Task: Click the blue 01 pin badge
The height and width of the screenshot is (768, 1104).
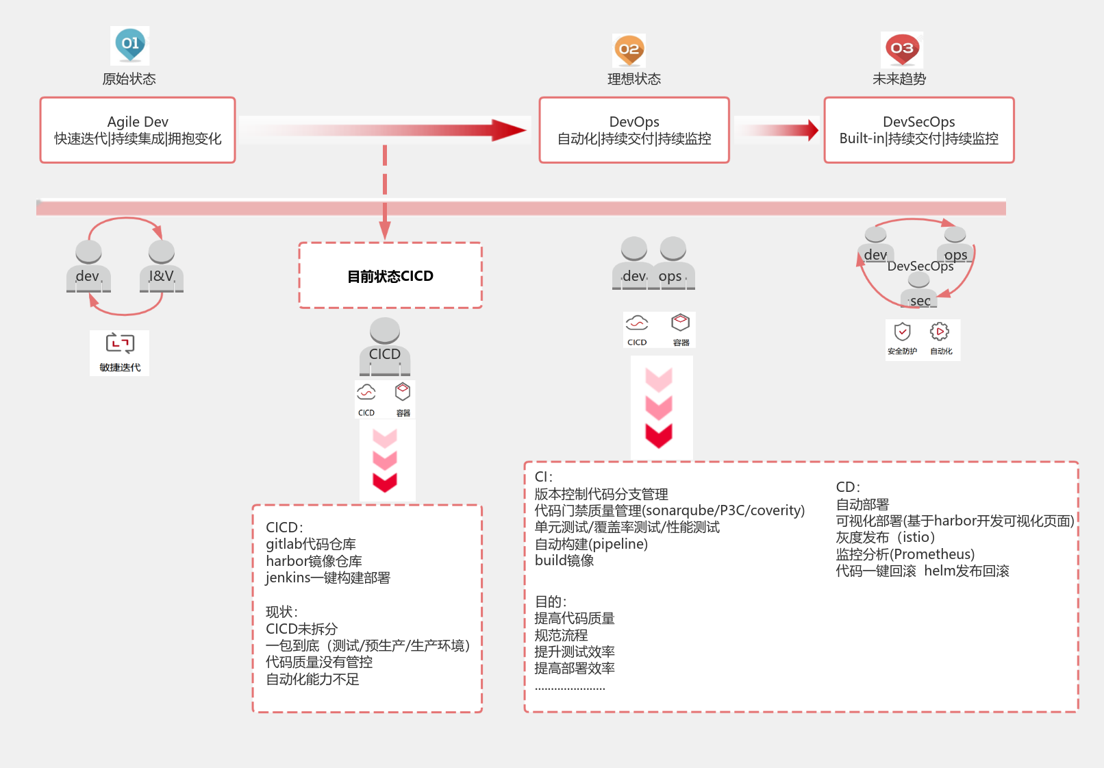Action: (130, 45)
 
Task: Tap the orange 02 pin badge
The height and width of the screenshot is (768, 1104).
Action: (629, 50)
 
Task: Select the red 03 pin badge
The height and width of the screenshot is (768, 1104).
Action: (902, 49)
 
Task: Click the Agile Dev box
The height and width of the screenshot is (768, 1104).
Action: (138, 130)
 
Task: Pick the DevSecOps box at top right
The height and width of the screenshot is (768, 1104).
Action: (918, 130)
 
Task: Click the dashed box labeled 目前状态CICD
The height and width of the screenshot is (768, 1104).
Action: (390, 275)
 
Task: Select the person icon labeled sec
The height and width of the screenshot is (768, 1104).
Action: (919, 291)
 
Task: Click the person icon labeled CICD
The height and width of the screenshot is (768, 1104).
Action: (385, 346)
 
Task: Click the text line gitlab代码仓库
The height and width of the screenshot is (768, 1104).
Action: (311, 544)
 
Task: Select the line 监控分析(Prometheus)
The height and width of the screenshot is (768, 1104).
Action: (905, 554)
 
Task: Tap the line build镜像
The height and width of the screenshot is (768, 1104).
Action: (564, 560)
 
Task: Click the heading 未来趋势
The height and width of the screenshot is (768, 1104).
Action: (899, 79)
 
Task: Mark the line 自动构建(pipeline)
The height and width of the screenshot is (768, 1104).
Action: (591, 544)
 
